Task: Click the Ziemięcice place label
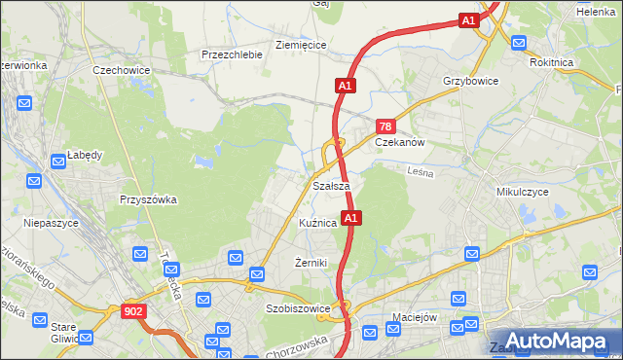click(301, 45)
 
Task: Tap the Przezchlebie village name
click(232, 54)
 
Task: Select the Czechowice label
click(119, 71)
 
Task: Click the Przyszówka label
click(147, 199)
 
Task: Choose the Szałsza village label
click(331, 185)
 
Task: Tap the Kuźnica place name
click(318, 223)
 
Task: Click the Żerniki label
click(311, 263)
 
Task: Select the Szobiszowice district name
click(298, 309)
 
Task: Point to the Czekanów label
click(401, 141)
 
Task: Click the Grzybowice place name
click(470, 82)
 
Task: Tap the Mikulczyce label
click(523, 193)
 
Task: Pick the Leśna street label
click(420, 171)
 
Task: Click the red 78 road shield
click(385, 126)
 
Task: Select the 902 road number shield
click(134, 311)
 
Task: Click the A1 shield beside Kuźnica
click(352, 218)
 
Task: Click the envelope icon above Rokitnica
click(518, 43)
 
